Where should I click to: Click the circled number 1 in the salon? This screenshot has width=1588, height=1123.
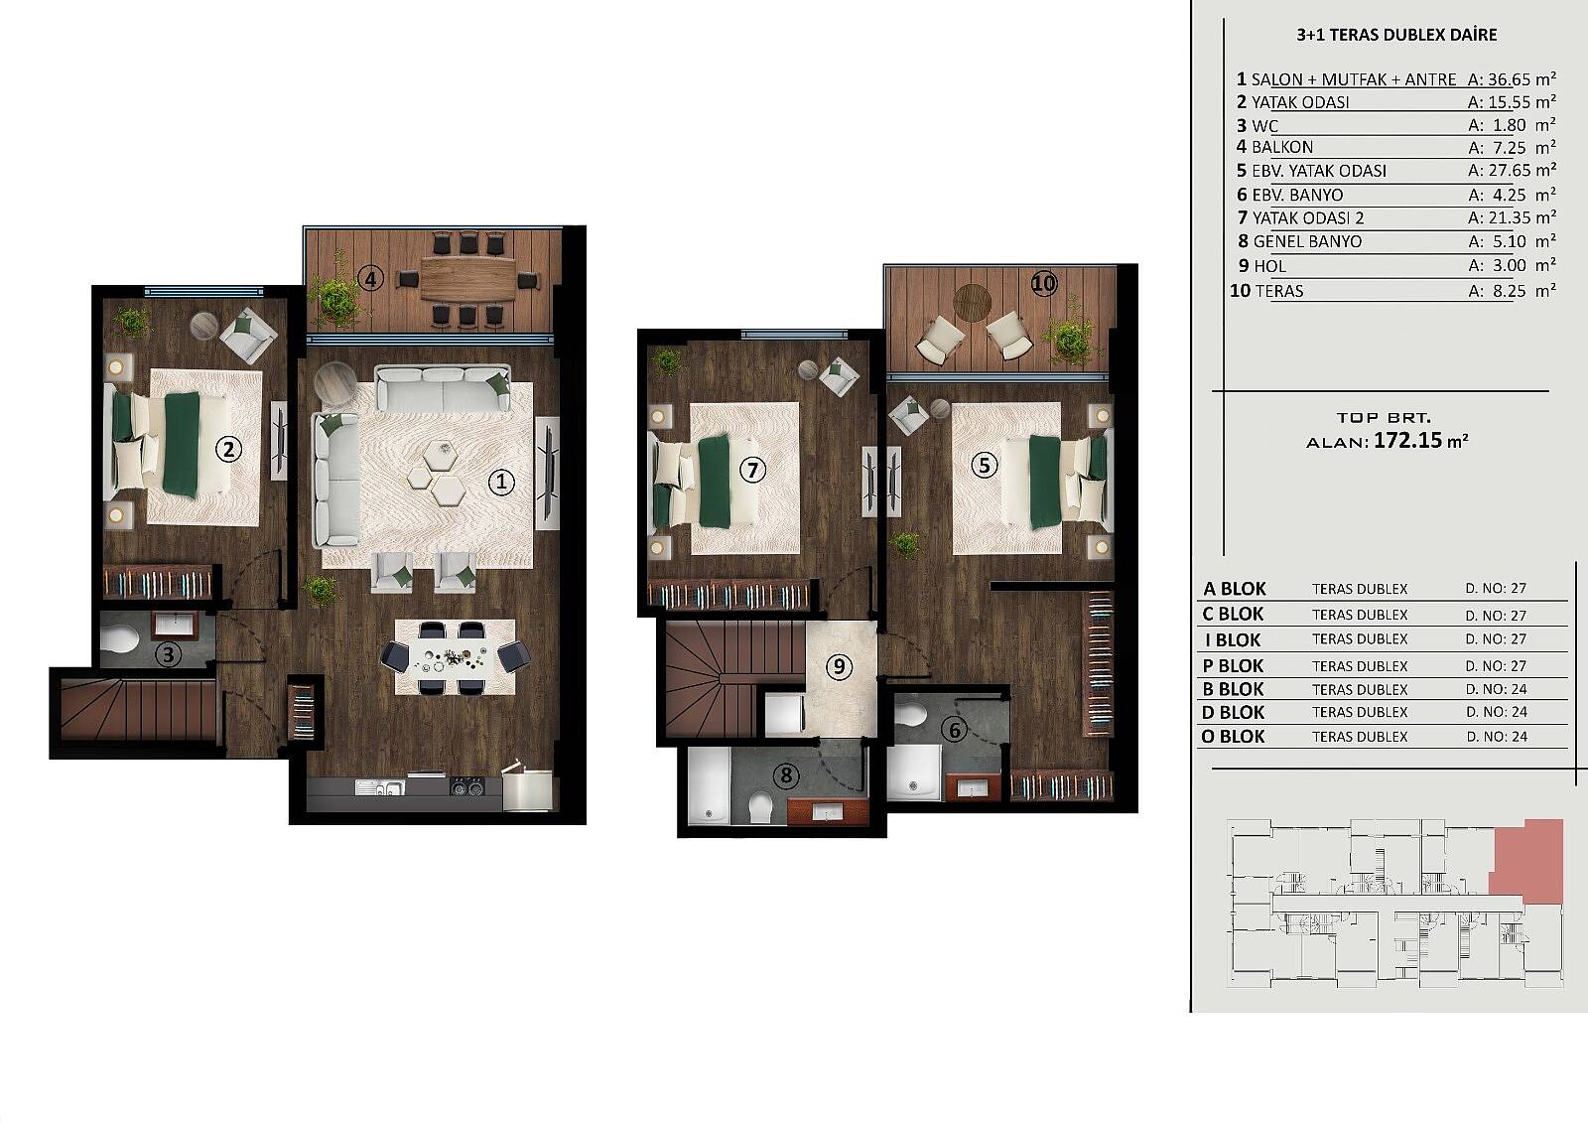tap(501, 483)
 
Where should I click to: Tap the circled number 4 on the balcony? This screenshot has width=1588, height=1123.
tap(370, 279)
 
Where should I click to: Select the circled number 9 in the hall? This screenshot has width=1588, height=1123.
tap(840, 667)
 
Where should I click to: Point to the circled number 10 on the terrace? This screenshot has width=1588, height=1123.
tap(1043, 285)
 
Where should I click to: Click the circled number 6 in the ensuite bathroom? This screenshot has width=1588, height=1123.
tap(954, 730)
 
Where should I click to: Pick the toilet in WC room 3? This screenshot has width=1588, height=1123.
tap(119, 637)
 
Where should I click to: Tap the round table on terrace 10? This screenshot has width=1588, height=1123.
tap(973, 303)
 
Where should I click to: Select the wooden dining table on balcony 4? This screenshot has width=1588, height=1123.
tap(468, 279)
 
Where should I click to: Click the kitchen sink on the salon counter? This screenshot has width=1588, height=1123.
tap(380, 786)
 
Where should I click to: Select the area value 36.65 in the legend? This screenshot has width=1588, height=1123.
tap(1505, 79)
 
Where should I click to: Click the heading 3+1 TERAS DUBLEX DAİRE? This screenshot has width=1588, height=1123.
tap(1396, 35)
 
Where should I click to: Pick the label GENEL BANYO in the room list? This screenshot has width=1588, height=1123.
tap(1307, 242)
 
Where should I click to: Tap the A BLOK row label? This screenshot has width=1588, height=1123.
tap(1235, 589)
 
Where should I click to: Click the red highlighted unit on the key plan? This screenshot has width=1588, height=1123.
tap(1531, 862)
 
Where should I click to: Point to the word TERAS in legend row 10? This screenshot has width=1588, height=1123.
tap(1279, 291)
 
